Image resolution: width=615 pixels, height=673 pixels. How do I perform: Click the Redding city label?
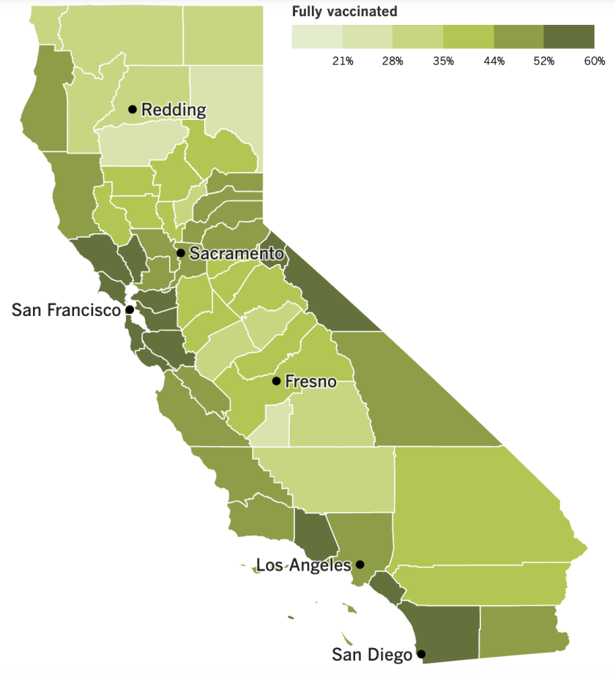coord(174,110)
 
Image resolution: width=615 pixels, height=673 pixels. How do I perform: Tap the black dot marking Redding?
coord(133,110)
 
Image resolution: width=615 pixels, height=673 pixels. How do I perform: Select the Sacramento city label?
coord(236,254)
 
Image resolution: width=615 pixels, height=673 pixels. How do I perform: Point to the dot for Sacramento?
coord(180,253)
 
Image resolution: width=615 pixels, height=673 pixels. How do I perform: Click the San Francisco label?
coord(66,310)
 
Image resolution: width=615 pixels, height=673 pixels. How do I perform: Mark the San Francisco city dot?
coord(130,309)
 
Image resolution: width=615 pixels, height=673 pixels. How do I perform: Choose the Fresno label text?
coord(311,381)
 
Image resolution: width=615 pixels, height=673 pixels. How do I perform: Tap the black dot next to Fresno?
coord(276,381)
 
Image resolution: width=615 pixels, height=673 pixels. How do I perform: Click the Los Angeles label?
coord(302,565)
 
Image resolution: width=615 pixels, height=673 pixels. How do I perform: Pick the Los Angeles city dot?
coord(360,565)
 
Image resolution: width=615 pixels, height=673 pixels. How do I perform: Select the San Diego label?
coord(372,654)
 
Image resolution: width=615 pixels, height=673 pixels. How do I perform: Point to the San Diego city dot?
coord(420,654)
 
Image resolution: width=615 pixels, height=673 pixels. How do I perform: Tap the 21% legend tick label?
coord(343,61)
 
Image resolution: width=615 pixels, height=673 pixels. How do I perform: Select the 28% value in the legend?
coord(392,61)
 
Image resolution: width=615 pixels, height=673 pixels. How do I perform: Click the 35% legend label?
coord(443,61)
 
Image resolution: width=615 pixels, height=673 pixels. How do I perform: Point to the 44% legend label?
coord(493,61)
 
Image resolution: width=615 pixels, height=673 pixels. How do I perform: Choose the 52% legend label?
coord(544,61)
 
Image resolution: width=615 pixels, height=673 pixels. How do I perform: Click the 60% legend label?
coord(594,61)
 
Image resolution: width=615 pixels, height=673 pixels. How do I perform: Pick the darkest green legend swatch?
coord(569,36)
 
